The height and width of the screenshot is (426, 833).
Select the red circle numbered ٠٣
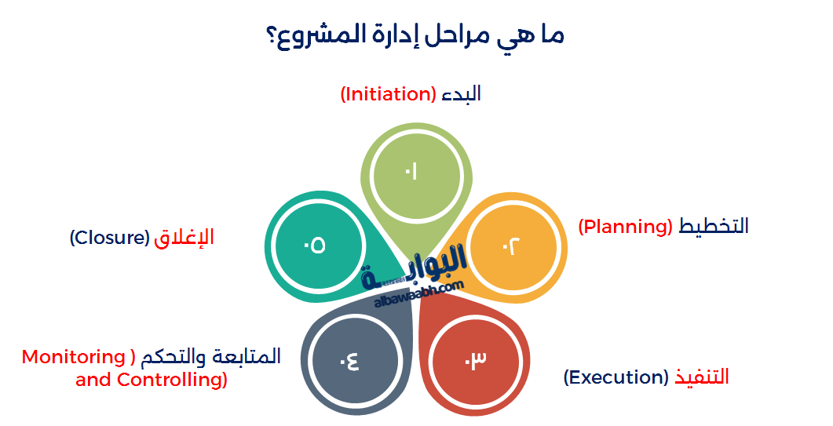click(x=476, y=360)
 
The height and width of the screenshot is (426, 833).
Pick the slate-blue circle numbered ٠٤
click(x=350, y=361)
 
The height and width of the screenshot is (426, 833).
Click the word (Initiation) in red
click(x=388, y=94)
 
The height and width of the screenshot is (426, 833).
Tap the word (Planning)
click(x=625, y=227)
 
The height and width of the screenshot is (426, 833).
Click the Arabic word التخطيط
click(x=714, y=227)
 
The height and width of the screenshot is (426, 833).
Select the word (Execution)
click(x=616, y=377)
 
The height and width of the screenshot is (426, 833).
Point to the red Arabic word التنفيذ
click(x=701, y=377)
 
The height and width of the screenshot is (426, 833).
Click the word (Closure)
click(x=109, y=238)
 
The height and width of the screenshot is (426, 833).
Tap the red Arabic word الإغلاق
click(x=184, y=238)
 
